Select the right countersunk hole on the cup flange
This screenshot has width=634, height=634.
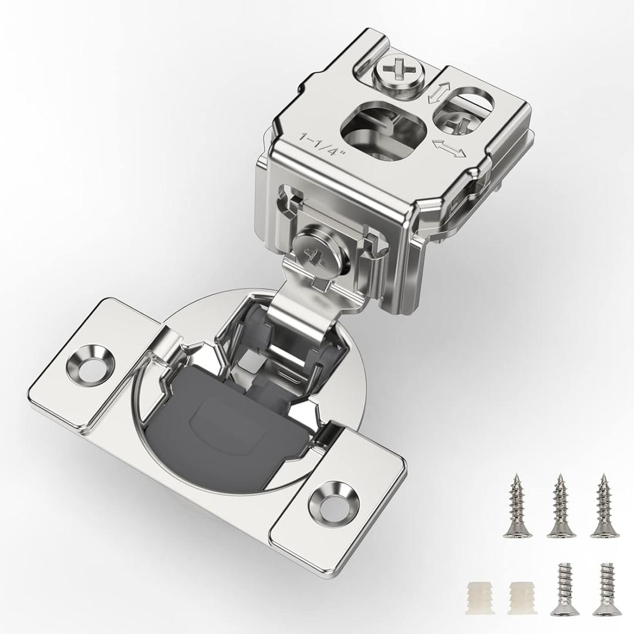(334, 501)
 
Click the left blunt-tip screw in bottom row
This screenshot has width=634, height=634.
(565, 590)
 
